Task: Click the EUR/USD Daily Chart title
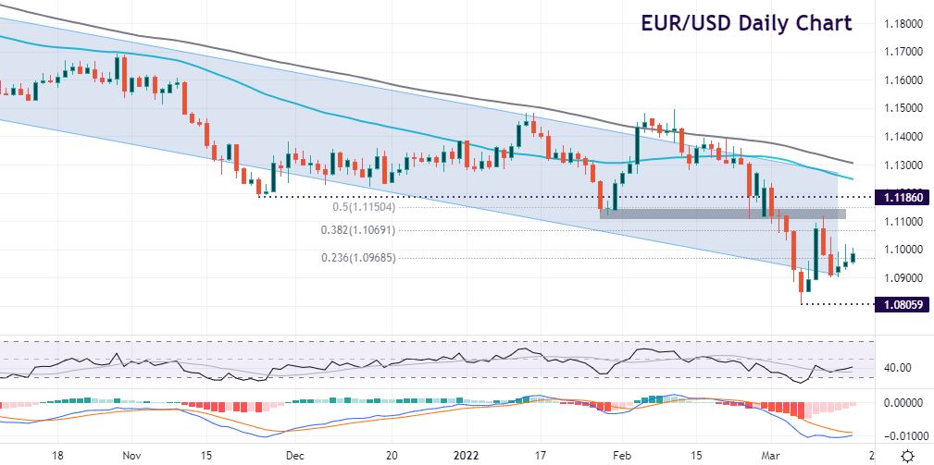tap(746, 23)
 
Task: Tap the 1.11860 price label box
tap(902, 198)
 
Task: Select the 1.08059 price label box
tap(902, 303)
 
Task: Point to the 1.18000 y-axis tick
tap(903, 24)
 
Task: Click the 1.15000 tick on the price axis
tap(903, 109)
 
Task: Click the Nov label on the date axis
tap(131, 455)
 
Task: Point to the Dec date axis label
tap(294, 455)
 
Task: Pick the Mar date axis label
tap(784, 455)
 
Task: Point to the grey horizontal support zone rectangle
tap(723, 214)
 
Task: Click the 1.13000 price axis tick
tap(903, 165)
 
